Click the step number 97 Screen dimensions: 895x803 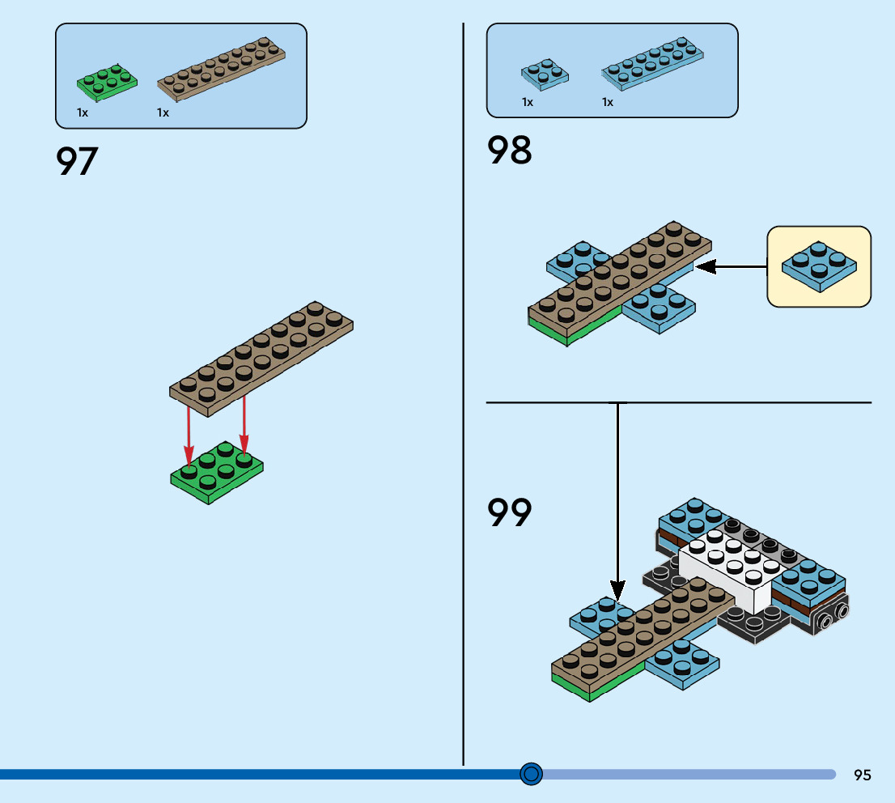point(77,161)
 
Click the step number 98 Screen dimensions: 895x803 point(509,151)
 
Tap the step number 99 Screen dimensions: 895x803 point(509,512)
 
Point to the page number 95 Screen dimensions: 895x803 point(863,775)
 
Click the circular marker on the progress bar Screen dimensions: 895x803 point(531,775)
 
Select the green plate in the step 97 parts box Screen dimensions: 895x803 point(107,83)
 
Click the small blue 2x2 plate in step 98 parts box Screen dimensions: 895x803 point(544,74)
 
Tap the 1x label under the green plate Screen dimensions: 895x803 point(83,113)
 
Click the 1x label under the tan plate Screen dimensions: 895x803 point(163,113)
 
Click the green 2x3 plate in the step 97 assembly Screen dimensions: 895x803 point(216,473)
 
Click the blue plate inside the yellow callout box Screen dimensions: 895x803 point(818,266)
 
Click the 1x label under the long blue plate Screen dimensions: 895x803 point(608,103)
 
